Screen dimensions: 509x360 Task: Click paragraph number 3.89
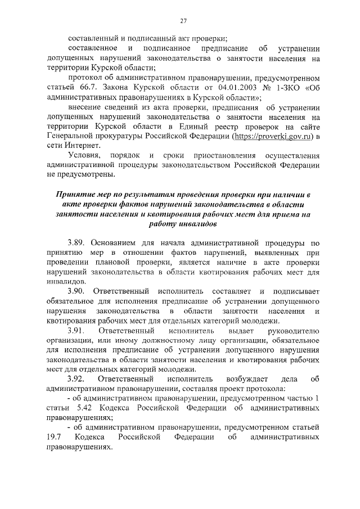coord(76,242)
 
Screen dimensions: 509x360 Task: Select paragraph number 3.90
coord(76,291)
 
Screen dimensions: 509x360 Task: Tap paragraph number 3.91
coord(76,331)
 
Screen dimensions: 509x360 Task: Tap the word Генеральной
coord(72,136)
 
